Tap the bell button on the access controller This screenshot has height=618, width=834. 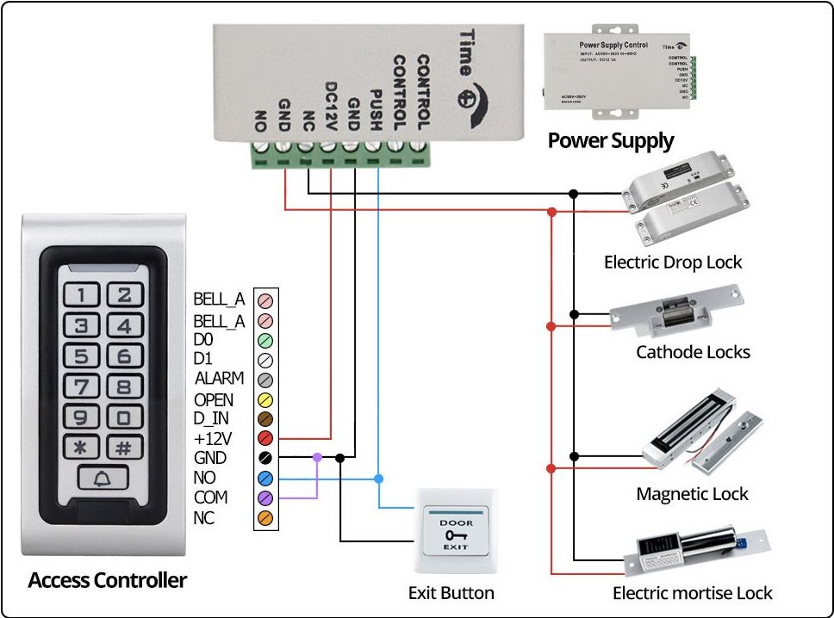(x=103, y=478)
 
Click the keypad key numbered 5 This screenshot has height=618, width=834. (x=81, y=356)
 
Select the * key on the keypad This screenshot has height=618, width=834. (x=81, y=448)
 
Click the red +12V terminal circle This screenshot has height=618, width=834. (x=266, y=439)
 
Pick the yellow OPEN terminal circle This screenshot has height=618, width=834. (x=266, y=400)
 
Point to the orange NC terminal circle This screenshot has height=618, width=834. (x=266, y=518)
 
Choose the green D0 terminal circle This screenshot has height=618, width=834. (x=266, y=340)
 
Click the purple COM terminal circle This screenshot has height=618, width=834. (x=266, y=498)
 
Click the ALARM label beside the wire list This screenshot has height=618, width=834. (x=219, y=379)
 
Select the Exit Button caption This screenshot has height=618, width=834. (x=451, y=593)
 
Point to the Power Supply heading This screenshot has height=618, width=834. (x=611, y=140)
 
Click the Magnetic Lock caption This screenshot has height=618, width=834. (x=692, y=494)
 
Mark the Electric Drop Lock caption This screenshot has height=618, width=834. (x=673, y=263)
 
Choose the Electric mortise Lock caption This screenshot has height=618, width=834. (x=692, y=593)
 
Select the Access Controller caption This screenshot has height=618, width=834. (x=107, y=580)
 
